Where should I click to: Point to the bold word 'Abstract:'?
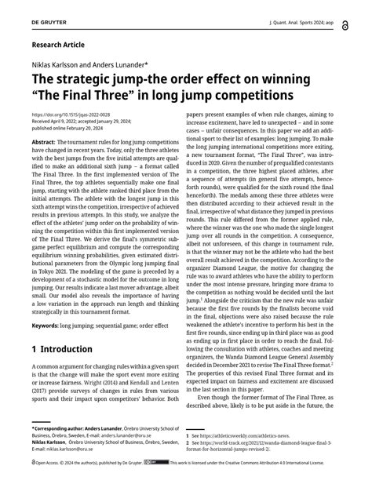coord(45,141)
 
